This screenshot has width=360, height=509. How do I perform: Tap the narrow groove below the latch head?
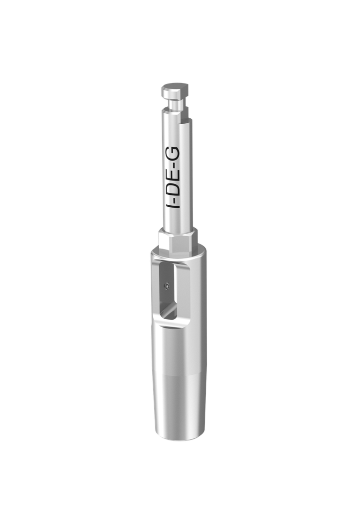coord(174,105)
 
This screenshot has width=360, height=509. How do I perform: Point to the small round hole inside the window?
coord(167,286)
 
